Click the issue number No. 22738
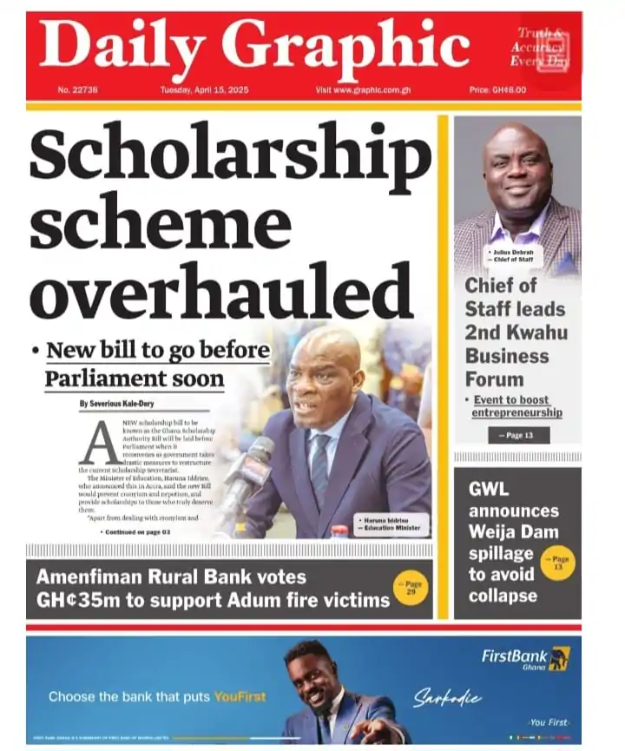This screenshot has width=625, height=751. click(x=77, y=90)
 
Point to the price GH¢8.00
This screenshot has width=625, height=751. click(x=497, y=90)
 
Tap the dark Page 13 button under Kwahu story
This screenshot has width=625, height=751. click(x=518, y=435)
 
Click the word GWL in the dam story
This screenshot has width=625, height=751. click(x=489, y=489)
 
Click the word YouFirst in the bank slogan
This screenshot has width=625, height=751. click(x=241, y=696)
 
